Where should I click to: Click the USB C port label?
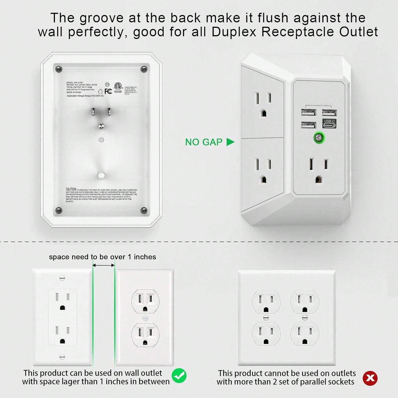330,121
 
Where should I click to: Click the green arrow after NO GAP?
230,142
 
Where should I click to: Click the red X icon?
370,378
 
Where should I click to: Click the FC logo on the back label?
108,92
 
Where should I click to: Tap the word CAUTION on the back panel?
71,189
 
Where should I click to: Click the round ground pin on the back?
101,126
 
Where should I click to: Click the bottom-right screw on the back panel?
144,210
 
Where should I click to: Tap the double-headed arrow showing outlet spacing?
104,265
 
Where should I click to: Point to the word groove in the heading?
102,18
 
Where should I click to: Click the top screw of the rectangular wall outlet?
62,278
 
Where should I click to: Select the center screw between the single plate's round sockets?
145,318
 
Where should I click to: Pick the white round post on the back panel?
101,175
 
